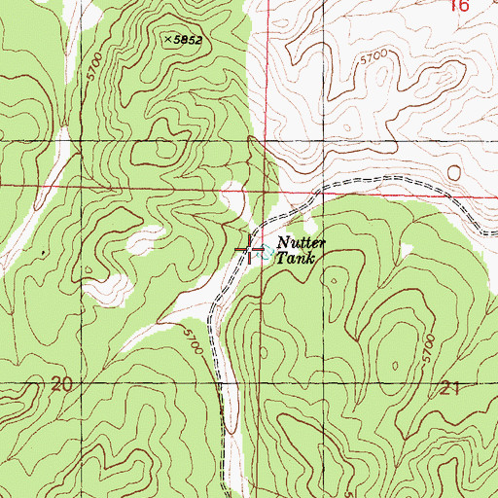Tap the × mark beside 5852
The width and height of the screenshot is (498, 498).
point(167,39)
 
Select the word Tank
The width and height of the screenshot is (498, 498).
point(295,260)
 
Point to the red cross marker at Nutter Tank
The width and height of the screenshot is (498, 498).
point(251,250)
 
